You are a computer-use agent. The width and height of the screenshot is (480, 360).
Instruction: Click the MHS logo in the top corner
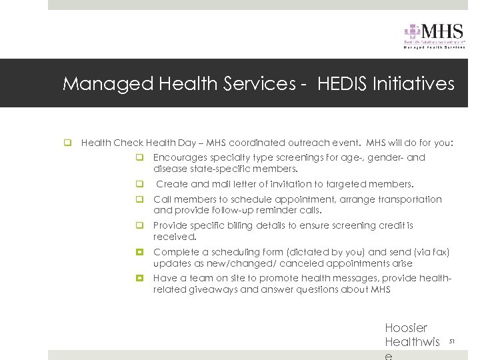pos(434,35)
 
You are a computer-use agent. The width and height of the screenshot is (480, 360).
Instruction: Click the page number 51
pos(451,341)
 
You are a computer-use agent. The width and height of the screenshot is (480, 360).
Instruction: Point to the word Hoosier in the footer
pos(406,328)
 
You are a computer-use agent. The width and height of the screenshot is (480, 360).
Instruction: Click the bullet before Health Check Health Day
pos(67,143)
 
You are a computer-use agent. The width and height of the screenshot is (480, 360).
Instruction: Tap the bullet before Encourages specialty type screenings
pos(141,158)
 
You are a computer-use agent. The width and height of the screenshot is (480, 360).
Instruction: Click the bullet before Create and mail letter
pos(141,184)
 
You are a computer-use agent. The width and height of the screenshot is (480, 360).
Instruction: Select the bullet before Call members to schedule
pos(141,199)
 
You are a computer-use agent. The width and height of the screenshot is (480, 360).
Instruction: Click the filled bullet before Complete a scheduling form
pos(141,253)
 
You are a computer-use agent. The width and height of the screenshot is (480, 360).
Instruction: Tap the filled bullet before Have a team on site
pos(141,279)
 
